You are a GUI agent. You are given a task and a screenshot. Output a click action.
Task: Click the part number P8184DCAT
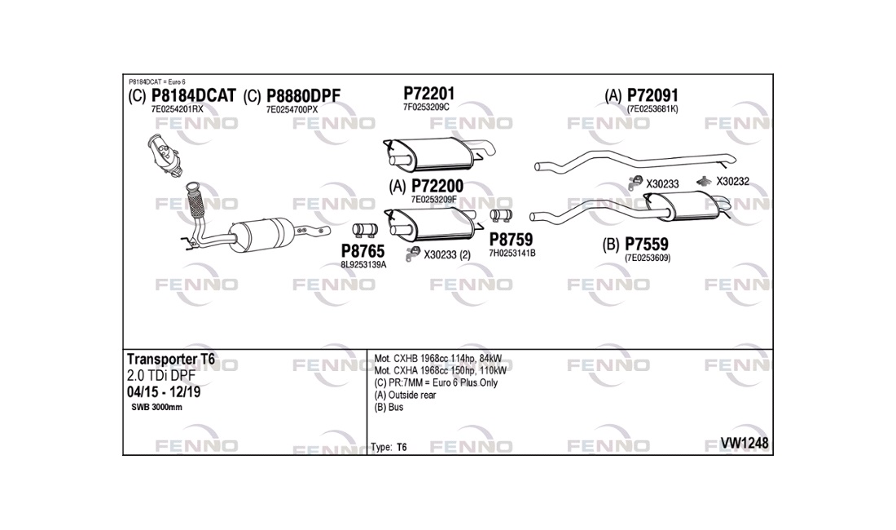[193, 96]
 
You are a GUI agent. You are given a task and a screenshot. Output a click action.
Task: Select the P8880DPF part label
[303, 96]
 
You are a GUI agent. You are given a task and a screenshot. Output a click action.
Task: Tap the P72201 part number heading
[428, 92]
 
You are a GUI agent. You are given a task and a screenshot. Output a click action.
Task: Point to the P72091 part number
[652, 95]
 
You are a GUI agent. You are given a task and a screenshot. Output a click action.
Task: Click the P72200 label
[437, 186]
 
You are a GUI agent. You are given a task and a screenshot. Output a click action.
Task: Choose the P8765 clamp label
[362, 251]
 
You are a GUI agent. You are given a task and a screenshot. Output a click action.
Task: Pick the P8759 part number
[511, 240]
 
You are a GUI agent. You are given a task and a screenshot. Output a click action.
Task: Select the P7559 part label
[647, 244]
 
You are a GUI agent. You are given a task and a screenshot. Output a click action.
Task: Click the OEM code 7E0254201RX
[177, 109]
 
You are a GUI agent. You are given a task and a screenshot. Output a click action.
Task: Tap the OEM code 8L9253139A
[363, 264]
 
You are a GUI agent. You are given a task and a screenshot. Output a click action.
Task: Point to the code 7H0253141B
[512, 253]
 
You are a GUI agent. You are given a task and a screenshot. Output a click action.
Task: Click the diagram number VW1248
[745, 443]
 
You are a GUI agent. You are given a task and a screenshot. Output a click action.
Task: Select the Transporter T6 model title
[171, 359]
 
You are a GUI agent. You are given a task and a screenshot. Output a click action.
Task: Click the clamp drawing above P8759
[499, 215]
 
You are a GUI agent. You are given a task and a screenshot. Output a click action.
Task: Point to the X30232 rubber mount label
[732, 181]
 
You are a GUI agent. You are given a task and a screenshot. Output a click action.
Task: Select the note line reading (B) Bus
[389, 407]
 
